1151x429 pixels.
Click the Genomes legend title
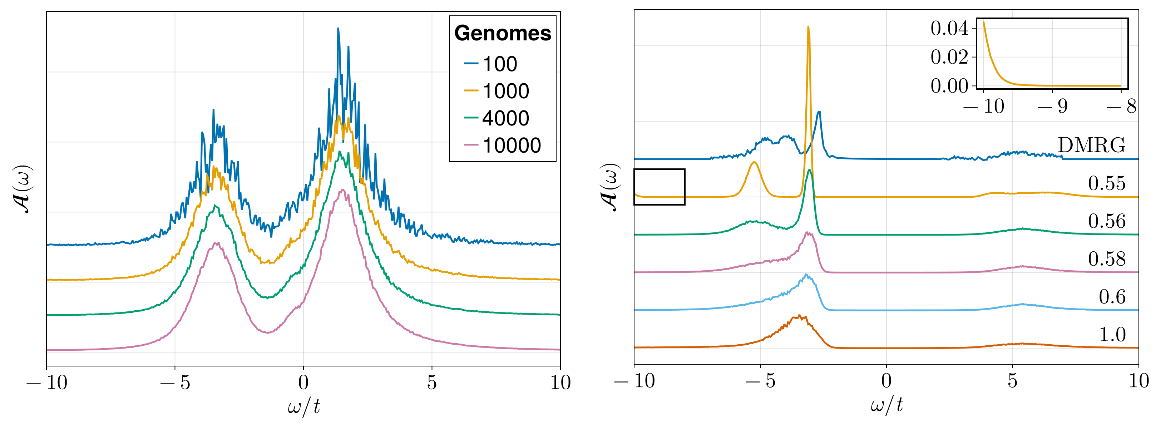click(503, 34)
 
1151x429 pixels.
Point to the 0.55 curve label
click(1106, 183)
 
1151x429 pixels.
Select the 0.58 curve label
click(1106, 259)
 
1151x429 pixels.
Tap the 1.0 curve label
click(1112, 335)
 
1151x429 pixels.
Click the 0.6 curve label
click(1112, 297)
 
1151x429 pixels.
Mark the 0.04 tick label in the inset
click(949, 29)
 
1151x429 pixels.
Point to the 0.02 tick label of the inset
click(949, 57)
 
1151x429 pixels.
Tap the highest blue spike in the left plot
click(338, 29)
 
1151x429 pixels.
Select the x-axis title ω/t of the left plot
click(304, 406)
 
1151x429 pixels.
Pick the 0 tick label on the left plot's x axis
click(303, 383)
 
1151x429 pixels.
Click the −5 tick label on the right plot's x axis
click(760, 381)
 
